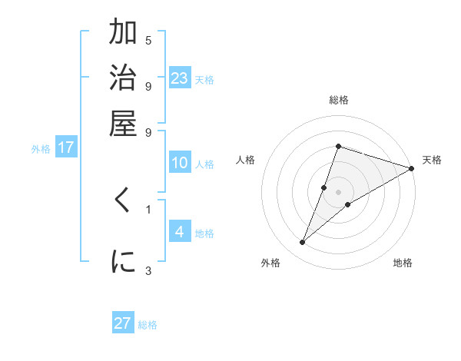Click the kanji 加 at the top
pyautogui.click(x=123, y=33)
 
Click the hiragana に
pyautogui.click(x=123, y=262)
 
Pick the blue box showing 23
pyautogui.click(x=180, y=78)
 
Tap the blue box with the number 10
pyautogui.click(x=180, y=163)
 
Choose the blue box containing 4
pyautogui.click(x=180, y=232)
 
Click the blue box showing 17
pyautogui.click(x=66, y=147)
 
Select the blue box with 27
pyautogui.click(x=123, y=323)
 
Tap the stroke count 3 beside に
pyautogui.click(x=148, y=270)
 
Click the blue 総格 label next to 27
pyautogui.click(x=148, y=325)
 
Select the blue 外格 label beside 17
pyautogui.click(x=41, y=149)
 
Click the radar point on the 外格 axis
pyautogui.click(x=302, y=243)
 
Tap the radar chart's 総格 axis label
pyautogui.click(x=339, y=100)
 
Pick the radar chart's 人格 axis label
pyautogui.click(x=246, y=160)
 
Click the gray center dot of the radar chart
pyautogui.click(x=339, y=191)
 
